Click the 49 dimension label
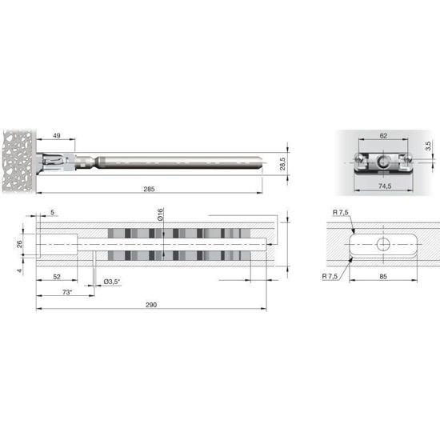coord(57,136)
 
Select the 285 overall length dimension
coord(149,189)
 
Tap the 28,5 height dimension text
coord(282,164)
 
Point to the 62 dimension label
coord(383,136)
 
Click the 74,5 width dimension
coord(385,186)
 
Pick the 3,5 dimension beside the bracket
coord(428,146)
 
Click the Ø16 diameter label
coord(160,214)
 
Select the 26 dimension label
coord(19,244)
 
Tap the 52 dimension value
coord(57,277)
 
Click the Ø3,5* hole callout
coord(112,282)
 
